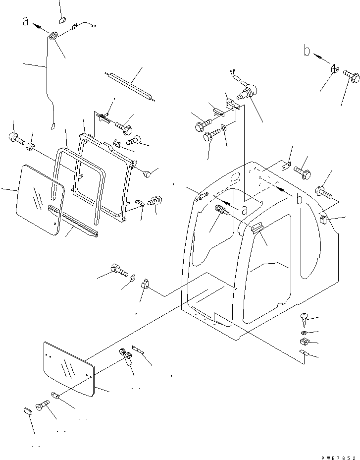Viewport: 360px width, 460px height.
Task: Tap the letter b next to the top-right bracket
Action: [x=307, y=51]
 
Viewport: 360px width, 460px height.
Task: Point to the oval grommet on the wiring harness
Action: [x=53, y=36]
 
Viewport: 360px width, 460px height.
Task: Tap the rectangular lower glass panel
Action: [x=68, y=369]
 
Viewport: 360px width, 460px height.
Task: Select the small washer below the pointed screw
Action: [x=304, y=332]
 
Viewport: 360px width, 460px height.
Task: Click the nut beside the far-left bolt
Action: [x=31, y=147]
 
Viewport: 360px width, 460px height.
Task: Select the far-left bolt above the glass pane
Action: [x=15, y=138]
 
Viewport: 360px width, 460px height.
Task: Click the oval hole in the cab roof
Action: [x=235, y=176]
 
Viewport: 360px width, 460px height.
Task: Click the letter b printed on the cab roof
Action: [x=299, y=199]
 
